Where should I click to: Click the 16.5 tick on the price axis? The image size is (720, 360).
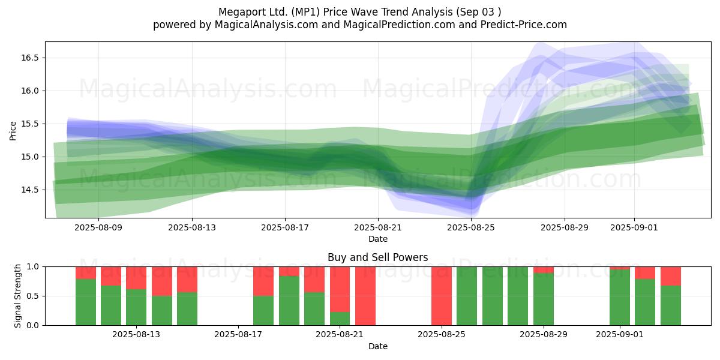30,58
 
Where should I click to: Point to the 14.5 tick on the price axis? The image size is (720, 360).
30,190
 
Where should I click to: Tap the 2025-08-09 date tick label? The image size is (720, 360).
99,227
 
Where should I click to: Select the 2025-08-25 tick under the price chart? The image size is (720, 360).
471,227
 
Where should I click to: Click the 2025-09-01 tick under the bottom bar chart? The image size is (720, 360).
620,335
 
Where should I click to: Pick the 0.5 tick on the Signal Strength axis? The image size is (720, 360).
34,296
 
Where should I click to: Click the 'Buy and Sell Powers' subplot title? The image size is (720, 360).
377,257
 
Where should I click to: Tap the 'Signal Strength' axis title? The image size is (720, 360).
18,296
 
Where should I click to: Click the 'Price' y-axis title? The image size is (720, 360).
13,130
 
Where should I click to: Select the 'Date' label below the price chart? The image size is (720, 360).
377,239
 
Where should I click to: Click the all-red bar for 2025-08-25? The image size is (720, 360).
442,296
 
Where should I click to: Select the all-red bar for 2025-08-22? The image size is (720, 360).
365,296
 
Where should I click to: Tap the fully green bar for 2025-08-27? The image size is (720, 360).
493,296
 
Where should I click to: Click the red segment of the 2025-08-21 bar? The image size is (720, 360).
340,288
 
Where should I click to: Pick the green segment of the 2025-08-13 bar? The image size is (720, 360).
136,307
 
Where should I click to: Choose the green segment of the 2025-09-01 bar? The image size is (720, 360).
620,298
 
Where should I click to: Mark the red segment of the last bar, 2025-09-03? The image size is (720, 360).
671,275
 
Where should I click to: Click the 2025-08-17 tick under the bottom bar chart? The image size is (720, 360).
238,335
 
